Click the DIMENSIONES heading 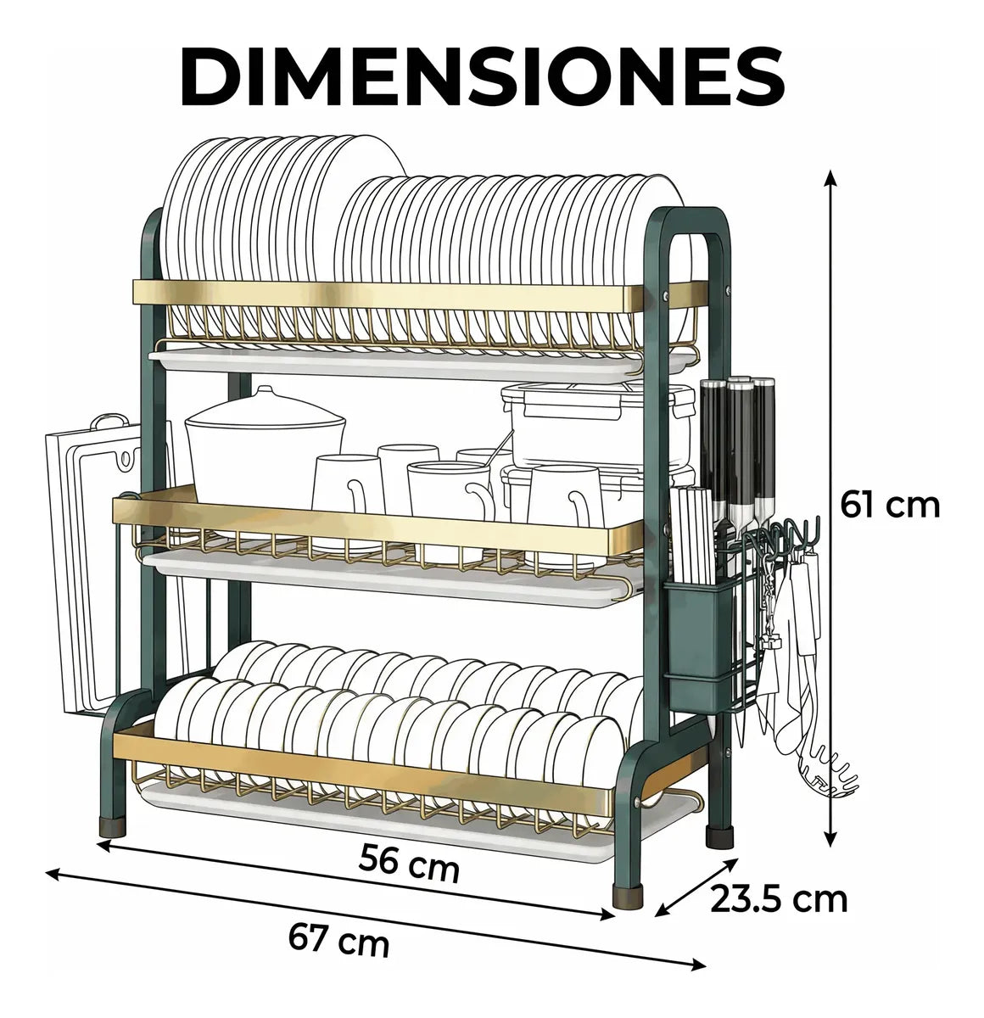click(482, 78)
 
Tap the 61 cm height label click(889, 506)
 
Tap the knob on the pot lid click(265, 392)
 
